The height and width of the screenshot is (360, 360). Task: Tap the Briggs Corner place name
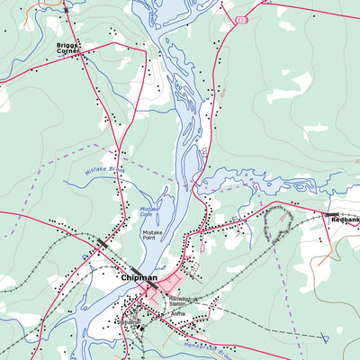(x=67, y=49)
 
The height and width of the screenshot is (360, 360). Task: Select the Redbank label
(x=345, y=220)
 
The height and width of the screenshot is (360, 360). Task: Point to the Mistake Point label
(x=154, y=236)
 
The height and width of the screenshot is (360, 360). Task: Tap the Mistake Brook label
(x=103, y=169)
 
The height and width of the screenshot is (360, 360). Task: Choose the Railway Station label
(x=181, y=301)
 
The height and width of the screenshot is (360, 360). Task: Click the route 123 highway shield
(x=241, y=19)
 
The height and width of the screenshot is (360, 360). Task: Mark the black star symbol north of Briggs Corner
(x=65, y=9)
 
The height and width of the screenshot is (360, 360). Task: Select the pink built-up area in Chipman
(x=166, y=292)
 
